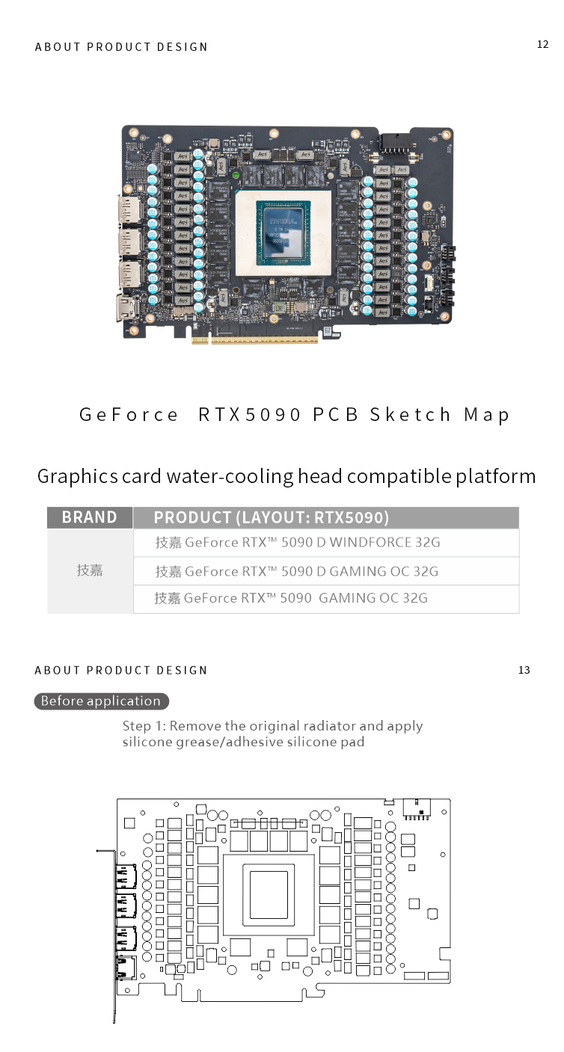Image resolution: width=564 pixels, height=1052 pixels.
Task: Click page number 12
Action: click(543, 45)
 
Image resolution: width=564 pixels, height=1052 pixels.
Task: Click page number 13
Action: click(524, 670)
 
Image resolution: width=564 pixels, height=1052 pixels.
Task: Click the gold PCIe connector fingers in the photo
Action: click(254, 339)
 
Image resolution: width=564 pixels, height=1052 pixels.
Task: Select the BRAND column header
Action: click(90, 517)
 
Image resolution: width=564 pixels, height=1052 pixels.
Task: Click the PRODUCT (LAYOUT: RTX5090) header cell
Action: click(272, 517)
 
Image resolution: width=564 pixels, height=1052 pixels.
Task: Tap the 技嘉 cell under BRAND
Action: click(90, 570)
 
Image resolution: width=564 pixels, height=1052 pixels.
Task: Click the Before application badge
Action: click(101, 701)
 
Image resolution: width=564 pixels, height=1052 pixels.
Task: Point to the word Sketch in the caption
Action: click(411, 415)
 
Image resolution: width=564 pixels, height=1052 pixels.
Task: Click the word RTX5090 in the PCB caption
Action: click(250, 415)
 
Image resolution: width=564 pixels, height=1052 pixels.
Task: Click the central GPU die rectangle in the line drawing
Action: click(269, 894)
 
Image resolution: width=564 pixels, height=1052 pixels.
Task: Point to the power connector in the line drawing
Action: click(417, 808)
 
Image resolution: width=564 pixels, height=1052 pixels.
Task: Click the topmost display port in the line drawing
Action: click(124, 876)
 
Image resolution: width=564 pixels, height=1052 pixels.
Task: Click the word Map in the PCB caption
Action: click(487, 415)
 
